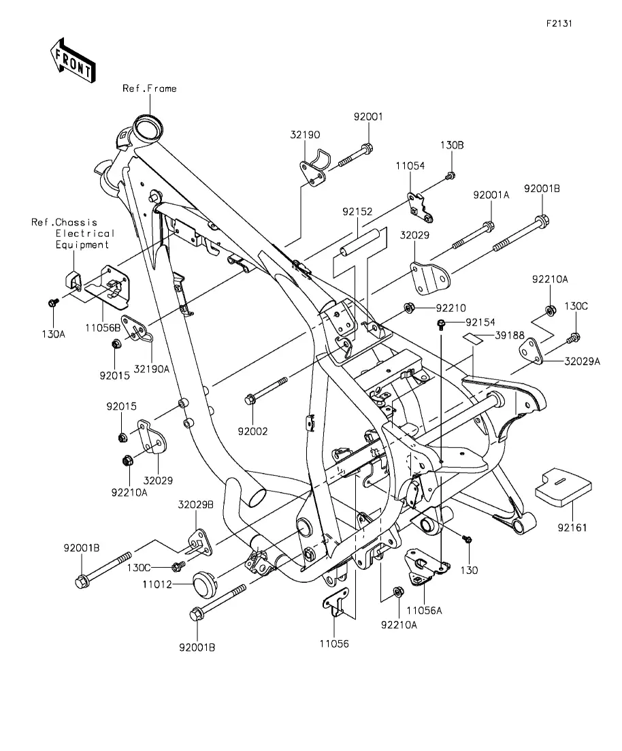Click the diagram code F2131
click(559, 22)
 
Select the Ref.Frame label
click(149, 89)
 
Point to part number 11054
click(410, 165)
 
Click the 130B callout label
click(451, 145)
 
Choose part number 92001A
click(491, 194)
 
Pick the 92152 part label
click(357, 212)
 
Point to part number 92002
click(252, 431)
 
